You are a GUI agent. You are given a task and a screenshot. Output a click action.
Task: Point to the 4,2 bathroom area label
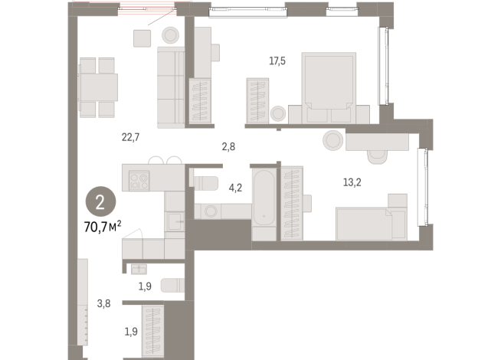click(x=235, y=186)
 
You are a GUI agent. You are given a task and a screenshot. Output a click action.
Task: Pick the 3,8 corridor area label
click(x=104, y=303)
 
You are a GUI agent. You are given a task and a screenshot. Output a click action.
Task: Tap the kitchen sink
click(x=175, y=223)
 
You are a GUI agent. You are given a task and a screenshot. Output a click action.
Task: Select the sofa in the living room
click(x=171, y=87)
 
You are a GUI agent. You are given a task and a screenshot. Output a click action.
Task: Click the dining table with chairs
click(x=98, y=87)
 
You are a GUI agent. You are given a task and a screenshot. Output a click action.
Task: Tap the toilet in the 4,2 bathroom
click(x=205, y=182)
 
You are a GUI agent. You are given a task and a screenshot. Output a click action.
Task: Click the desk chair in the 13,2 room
click(x=378, y=155)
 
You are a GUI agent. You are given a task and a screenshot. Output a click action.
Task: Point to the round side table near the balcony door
click(x=169, y=34)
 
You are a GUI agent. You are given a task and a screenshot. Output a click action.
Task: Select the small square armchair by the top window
click(x=140, y=38)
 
